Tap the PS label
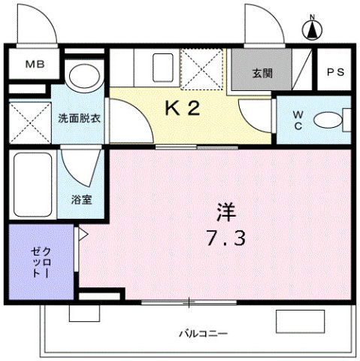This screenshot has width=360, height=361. (x=334, y=72)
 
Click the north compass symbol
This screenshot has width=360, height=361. (x=310, y=29)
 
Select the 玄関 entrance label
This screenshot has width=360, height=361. (x=262, y=73)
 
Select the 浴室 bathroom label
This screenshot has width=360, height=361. (x=81, y=200)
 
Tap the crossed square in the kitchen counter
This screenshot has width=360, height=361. (x=203, y=69)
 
